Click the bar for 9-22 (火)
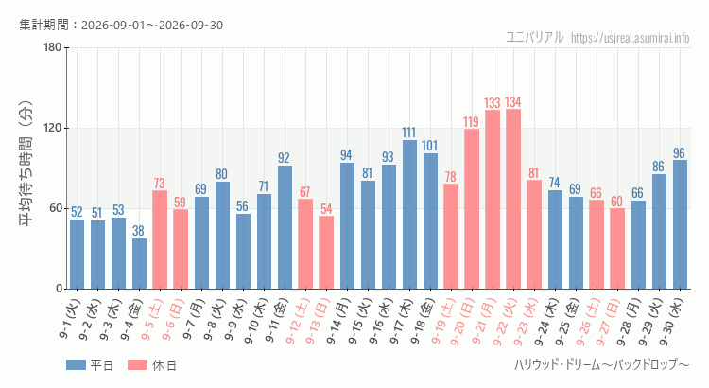pyautogui.click(x=513, y=199)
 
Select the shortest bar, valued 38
pyautogui.click(x=139, y=263)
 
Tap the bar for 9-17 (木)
pyautogui.click(x=409, y=215)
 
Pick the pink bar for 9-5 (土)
pyautogui.click(x=160, y=239)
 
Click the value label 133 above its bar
pyautogui.click(x=493, y=103)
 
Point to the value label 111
pyautogui.click(x=408, y=132)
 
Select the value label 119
pyautogui.click(x=471, y=122)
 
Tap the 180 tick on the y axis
pyautogui.click(x=53, y=47)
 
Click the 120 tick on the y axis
pyautogui.click(x=53, y=128)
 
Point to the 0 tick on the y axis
pyautogui.click(x=60, y=289)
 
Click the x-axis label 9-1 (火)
pyautogui.click(x=69, y=319)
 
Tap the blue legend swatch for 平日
pyautogui.click(x=76, y=365)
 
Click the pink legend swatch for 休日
pyautogui.click(x=137, y=365)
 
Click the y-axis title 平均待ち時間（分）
pyautogui.click(x=26, y=164)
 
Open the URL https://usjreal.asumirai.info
pyautogui.click(x=631, y=38)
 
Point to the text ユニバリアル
pyautogui.click(x=535, y=37)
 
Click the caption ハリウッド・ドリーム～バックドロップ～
pyautogui.click(x=602, y=364)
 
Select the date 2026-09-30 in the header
pyautogui.click(x=191, y=26)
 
